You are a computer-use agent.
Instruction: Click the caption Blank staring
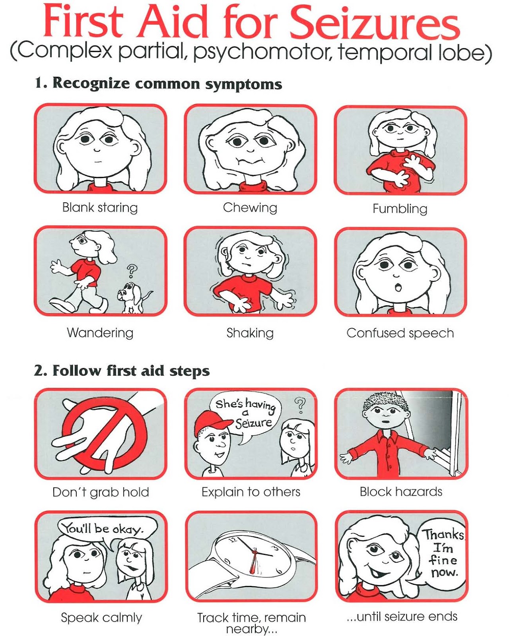coord(100,207)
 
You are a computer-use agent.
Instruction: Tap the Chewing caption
coord(250,207)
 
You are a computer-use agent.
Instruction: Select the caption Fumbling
coord(400,209)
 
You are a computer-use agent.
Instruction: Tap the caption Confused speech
coord(400,333)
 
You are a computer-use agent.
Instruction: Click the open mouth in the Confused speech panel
coord(399,287)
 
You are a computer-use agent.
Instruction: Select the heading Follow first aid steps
coord(131,370)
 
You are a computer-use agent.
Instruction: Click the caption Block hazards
coord(401,492)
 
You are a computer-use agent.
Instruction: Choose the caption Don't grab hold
coord(101,493)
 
